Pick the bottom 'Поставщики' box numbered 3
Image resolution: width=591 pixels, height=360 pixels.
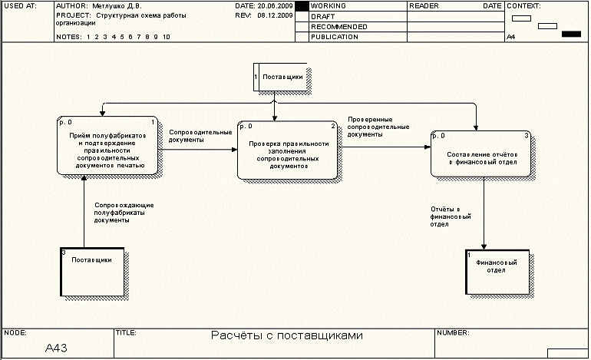(92, 271)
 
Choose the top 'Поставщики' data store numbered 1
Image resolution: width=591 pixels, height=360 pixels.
(280, 77)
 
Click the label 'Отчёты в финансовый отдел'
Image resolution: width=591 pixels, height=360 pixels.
(446, 216)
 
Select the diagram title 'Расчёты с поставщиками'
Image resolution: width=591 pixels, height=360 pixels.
(286, 335)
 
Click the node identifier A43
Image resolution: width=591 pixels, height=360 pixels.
(57, 348)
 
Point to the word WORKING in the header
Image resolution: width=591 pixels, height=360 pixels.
(329, 5)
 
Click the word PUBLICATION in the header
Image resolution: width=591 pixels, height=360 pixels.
(335, 37)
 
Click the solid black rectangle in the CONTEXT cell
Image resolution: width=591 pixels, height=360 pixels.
(571, 34)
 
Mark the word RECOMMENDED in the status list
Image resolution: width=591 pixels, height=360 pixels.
(339, 27)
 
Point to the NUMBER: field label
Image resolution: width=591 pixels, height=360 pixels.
(453, 333)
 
